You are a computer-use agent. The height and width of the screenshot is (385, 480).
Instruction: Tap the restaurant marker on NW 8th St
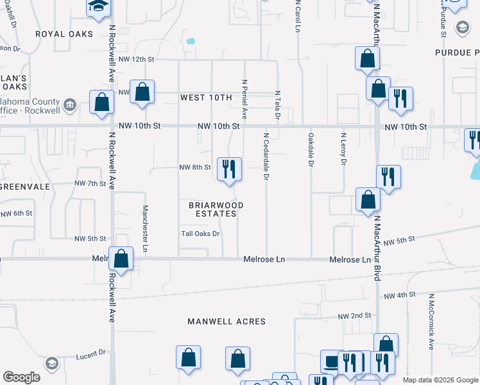(229, 169)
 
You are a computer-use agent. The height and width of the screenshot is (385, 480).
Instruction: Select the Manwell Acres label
(226, 321)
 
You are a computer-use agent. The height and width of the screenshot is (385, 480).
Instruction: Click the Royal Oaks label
(64, 34)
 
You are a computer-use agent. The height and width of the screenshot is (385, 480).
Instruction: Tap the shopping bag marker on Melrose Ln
(121, 259)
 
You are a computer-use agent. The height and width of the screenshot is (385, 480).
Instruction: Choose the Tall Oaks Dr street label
(200, 234)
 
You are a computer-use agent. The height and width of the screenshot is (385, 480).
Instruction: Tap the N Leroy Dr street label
(344, 150)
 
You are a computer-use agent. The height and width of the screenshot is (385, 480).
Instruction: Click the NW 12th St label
(141, 59)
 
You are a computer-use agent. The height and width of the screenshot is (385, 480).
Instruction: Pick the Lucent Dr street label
(90, 354)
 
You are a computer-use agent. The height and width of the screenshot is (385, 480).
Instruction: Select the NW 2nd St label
(355, 316)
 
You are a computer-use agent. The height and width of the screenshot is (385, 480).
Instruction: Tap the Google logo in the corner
(21, 377)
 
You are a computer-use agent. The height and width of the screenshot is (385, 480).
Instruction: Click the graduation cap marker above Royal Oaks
(98, 6)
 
